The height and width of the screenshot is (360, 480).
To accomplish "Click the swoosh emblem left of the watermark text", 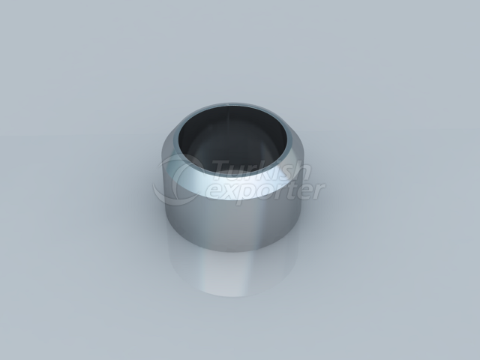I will pos(180,180).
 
